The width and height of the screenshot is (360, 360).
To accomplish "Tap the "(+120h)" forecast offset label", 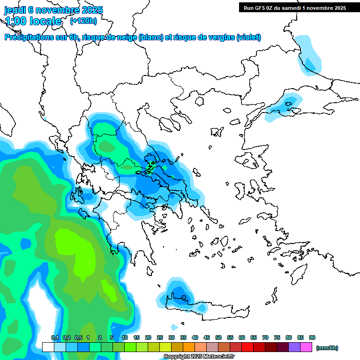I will click(83, 21).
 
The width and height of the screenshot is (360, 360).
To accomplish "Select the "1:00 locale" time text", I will click(33, 21).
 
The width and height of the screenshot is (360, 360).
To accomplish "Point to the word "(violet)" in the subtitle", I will click(248, 37).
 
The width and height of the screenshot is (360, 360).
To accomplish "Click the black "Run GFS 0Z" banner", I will click(292, 7).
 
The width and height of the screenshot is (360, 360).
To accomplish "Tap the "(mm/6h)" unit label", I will click(327, 348).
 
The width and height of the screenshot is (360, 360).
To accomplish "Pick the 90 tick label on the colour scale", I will click(312, 337).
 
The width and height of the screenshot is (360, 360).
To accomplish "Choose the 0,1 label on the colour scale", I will click(54, 337).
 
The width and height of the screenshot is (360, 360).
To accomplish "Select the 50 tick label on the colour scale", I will click(218, 337).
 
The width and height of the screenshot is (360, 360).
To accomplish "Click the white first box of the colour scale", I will click(48, 347).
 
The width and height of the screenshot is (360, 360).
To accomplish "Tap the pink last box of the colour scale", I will click(306, 347).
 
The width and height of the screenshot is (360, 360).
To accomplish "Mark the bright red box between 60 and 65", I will click(247, 347).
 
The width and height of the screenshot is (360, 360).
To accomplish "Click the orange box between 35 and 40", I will click(189, 347).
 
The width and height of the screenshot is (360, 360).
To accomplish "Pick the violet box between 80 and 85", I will click(294, 347).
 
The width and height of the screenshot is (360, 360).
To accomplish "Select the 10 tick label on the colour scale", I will click(125, 337).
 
